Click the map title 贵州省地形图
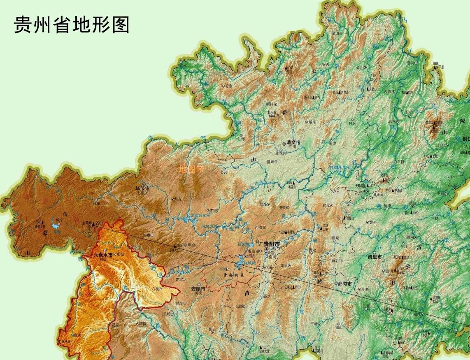(72, 25)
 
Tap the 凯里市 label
(375, 257)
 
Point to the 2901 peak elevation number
(98, 223)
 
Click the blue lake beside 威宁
(55, 224)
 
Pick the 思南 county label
(392, 121)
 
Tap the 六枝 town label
(156, 289)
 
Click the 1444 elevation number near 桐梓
(272, 116)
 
